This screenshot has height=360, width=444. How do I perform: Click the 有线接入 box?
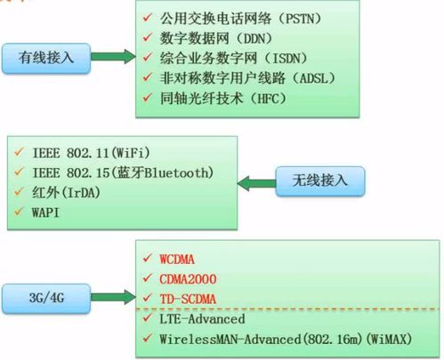click(x=49, y=58)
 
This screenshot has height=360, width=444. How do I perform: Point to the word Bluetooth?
click(x=183, y=171)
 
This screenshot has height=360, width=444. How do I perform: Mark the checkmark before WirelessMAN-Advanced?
click(x=147, y=339)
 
